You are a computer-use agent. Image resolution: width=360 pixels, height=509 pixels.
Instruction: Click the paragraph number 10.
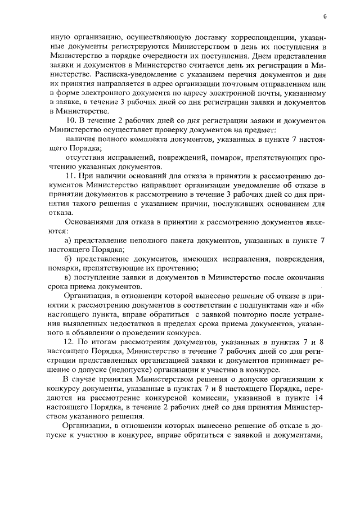(x=71, y=121)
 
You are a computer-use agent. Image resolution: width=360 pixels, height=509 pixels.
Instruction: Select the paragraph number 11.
(x=70, y=176)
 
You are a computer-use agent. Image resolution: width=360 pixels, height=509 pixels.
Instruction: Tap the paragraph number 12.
(x=71, y=343)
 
